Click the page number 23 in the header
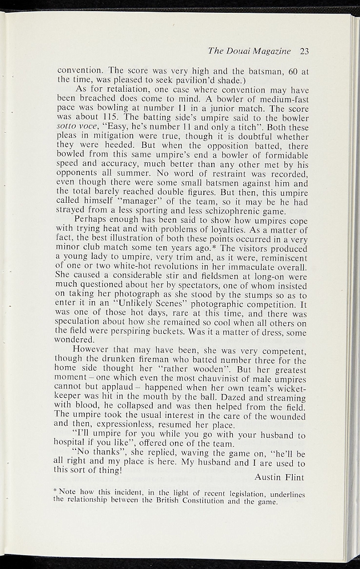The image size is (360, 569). pos(304,51)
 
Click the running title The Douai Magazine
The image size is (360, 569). pos(249,51)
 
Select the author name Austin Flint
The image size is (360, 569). pos(280,477)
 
